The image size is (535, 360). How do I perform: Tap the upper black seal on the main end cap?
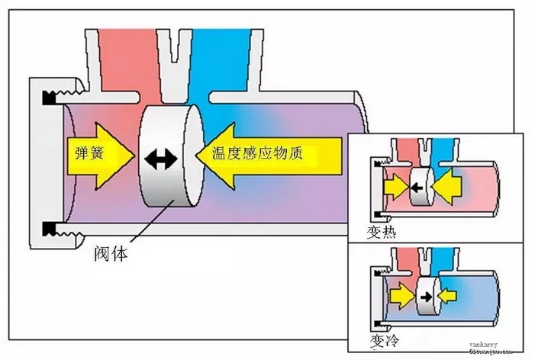(x=50, y=97)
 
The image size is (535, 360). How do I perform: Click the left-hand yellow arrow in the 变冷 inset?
(x=401, y=294)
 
